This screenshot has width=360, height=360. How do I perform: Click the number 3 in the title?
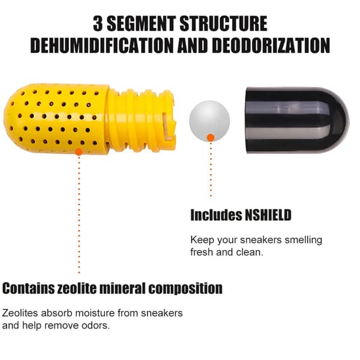98,23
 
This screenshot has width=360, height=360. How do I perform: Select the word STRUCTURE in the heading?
223,23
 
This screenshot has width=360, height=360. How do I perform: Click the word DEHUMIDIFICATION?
102,45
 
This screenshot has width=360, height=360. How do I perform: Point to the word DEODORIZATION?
271,45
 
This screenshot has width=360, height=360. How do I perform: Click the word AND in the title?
193,45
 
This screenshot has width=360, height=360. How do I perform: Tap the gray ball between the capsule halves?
209,121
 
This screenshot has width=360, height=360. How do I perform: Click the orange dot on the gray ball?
211,138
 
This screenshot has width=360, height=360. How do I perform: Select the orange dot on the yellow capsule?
79,152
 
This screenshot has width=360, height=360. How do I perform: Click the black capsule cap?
298,120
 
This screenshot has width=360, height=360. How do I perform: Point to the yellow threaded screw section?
141,121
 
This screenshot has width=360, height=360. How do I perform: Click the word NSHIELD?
268,215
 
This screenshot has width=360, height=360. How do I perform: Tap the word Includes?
216,215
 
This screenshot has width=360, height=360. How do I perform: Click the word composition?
185,289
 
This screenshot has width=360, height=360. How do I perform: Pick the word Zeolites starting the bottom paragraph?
20,313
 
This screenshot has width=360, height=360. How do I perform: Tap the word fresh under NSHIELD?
202,252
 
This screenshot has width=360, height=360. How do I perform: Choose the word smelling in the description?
303,241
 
